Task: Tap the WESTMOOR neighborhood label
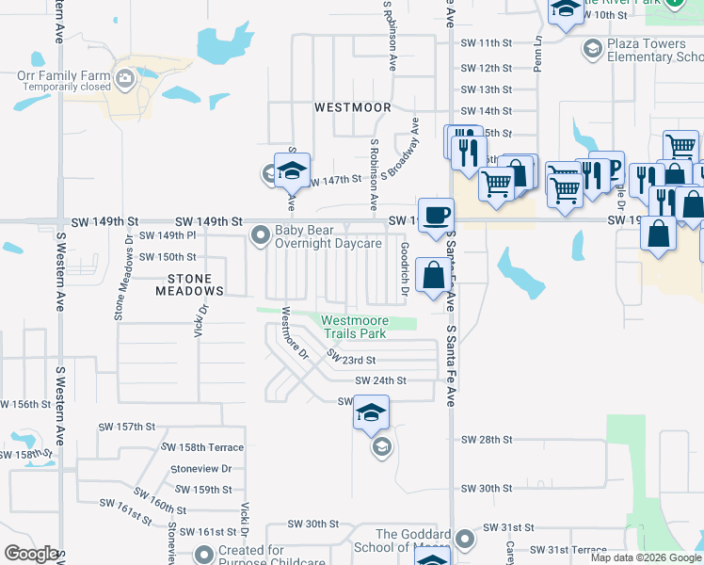[352, 107]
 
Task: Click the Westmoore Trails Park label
[355, 328]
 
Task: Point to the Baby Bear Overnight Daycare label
[328, 236]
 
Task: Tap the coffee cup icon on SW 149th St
[435, 214]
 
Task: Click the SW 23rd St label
[351, 360]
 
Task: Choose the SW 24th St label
[380, 380]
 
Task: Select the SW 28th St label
[486, 440]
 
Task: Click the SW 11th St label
[486, 43]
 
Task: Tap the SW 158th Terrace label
[202, 447]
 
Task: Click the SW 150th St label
[168, 256]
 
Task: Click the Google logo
[31, 554]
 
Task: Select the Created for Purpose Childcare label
[250, 556]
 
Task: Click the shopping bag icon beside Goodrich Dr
[433, 276]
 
